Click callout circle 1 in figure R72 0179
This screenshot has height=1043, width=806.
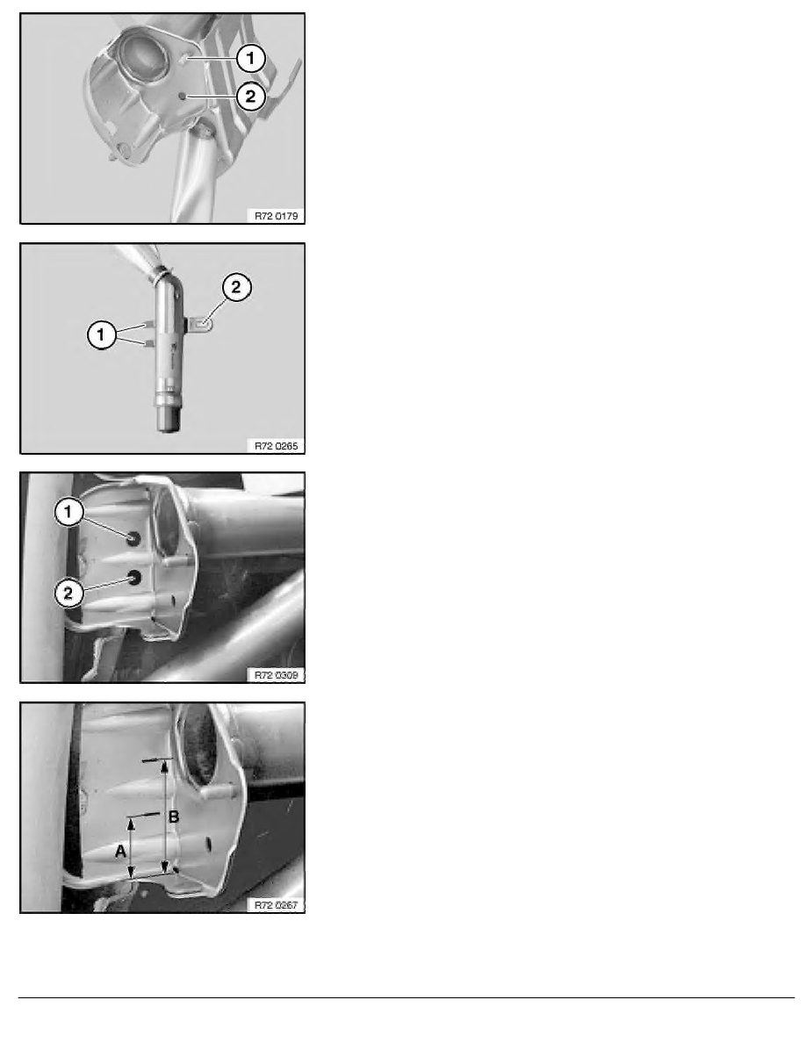click(x=250, y=58)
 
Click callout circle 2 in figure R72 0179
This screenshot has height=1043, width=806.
click(x=250, y=97)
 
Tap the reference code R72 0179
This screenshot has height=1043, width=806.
click(x=276, y=215)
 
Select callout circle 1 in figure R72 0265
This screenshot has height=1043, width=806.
click(x=101, y=334)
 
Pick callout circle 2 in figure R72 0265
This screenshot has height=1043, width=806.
click(x=236, y=287)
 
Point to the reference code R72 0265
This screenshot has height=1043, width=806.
click(x=276, y=446)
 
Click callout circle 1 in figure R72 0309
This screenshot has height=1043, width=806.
click(x=68, y=512)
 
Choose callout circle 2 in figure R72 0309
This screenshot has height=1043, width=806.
click(x=68, y=593)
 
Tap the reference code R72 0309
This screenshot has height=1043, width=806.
click(x=276, y=675)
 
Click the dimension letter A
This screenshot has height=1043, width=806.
click(x=120, y=851)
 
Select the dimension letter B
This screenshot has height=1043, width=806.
click(x=174, y=816)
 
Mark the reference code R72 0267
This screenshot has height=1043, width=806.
click(x=276, y=904)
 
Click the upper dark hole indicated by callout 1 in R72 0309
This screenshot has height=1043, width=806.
click(x=133, y=538)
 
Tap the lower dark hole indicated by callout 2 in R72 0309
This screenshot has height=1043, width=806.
click(x=135, y=578)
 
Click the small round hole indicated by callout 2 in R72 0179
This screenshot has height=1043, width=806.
click(x=183, y=97)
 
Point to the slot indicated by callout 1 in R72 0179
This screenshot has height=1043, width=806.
click(x=184, y=59)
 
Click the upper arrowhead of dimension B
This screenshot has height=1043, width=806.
click(x=166, y=767)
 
